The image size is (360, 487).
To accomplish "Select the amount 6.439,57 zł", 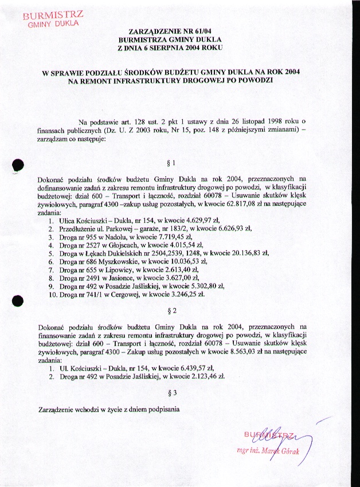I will (195, 368).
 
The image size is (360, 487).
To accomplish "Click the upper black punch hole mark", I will (18, 164).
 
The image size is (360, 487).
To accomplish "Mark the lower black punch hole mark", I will (18, 300).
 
